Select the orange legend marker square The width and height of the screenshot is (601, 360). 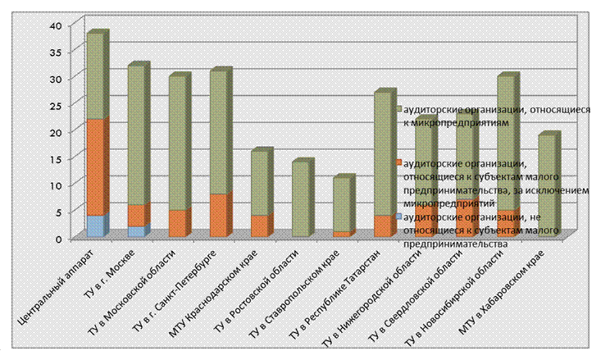tap(398, 162)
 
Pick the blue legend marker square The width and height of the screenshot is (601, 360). tap(398, 216)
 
